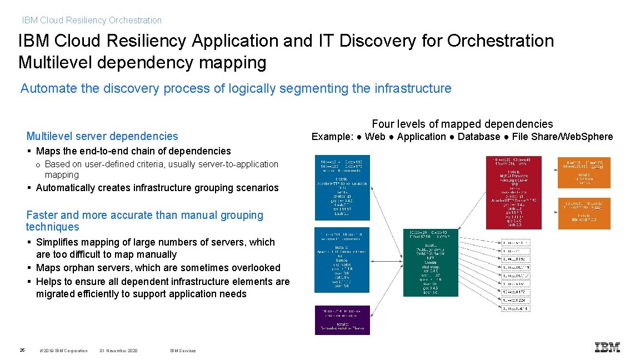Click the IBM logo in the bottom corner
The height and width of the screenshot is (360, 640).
coord(607,347)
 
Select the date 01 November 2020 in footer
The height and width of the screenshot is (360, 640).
coord(118,351)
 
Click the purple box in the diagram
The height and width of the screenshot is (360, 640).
coord(342,320)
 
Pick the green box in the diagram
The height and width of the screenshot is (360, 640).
coord(431,262)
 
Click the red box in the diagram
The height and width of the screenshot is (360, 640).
coord(513,192)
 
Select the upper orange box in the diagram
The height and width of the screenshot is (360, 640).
coord(584,172)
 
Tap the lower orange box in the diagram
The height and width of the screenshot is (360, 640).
coord(584,213)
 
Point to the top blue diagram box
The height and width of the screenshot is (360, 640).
coord(342,188)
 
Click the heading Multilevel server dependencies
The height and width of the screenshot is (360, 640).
coord(102,136)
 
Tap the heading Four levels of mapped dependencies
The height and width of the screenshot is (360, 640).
coord(462,124)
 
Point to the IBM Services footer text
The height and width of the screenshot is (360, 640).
coord(183,351)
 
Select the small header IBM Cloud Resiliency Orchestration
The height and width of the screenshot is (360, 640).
coord(92,21)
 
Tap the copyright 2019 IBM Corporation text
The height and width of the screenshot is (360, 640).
coord(64,351)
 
